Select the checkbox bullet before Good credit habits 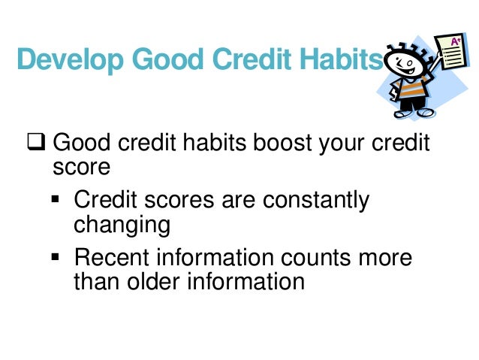[38, 142]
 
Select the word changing [122, 225]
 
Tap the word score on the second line [81, 166]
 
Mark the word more [388, 258]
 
